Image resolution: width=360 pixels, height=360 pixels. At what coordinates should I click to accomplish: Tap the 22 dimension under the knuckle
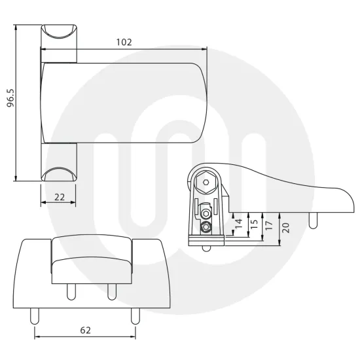pyautogui.click(x=59, y=197)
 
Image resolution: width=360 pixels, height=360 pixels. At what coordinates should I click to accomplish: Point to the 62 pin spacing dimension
pyautogui.click(x=85, y=331)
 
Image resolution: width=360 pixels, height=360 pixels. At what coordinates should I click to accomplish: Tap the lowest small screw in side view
pyautogui.click(x=207, y=227)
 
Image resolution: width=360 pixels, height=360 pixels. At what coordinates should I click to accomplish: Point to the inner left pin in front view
pyautogui.click(x=68, y=290)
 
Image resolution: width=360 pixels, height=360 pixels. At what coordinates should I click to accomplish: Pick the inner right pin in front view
pyautogui.click(x=111, y=290)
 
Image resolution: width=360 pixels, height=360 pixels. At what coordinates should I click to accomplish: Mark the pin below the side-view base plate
pyautogui.click(x=206, y=247)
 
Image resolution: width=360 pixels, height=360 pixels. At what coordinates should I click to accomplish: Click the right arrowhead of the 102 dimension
pyautogui.click(x=204, y=48)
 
